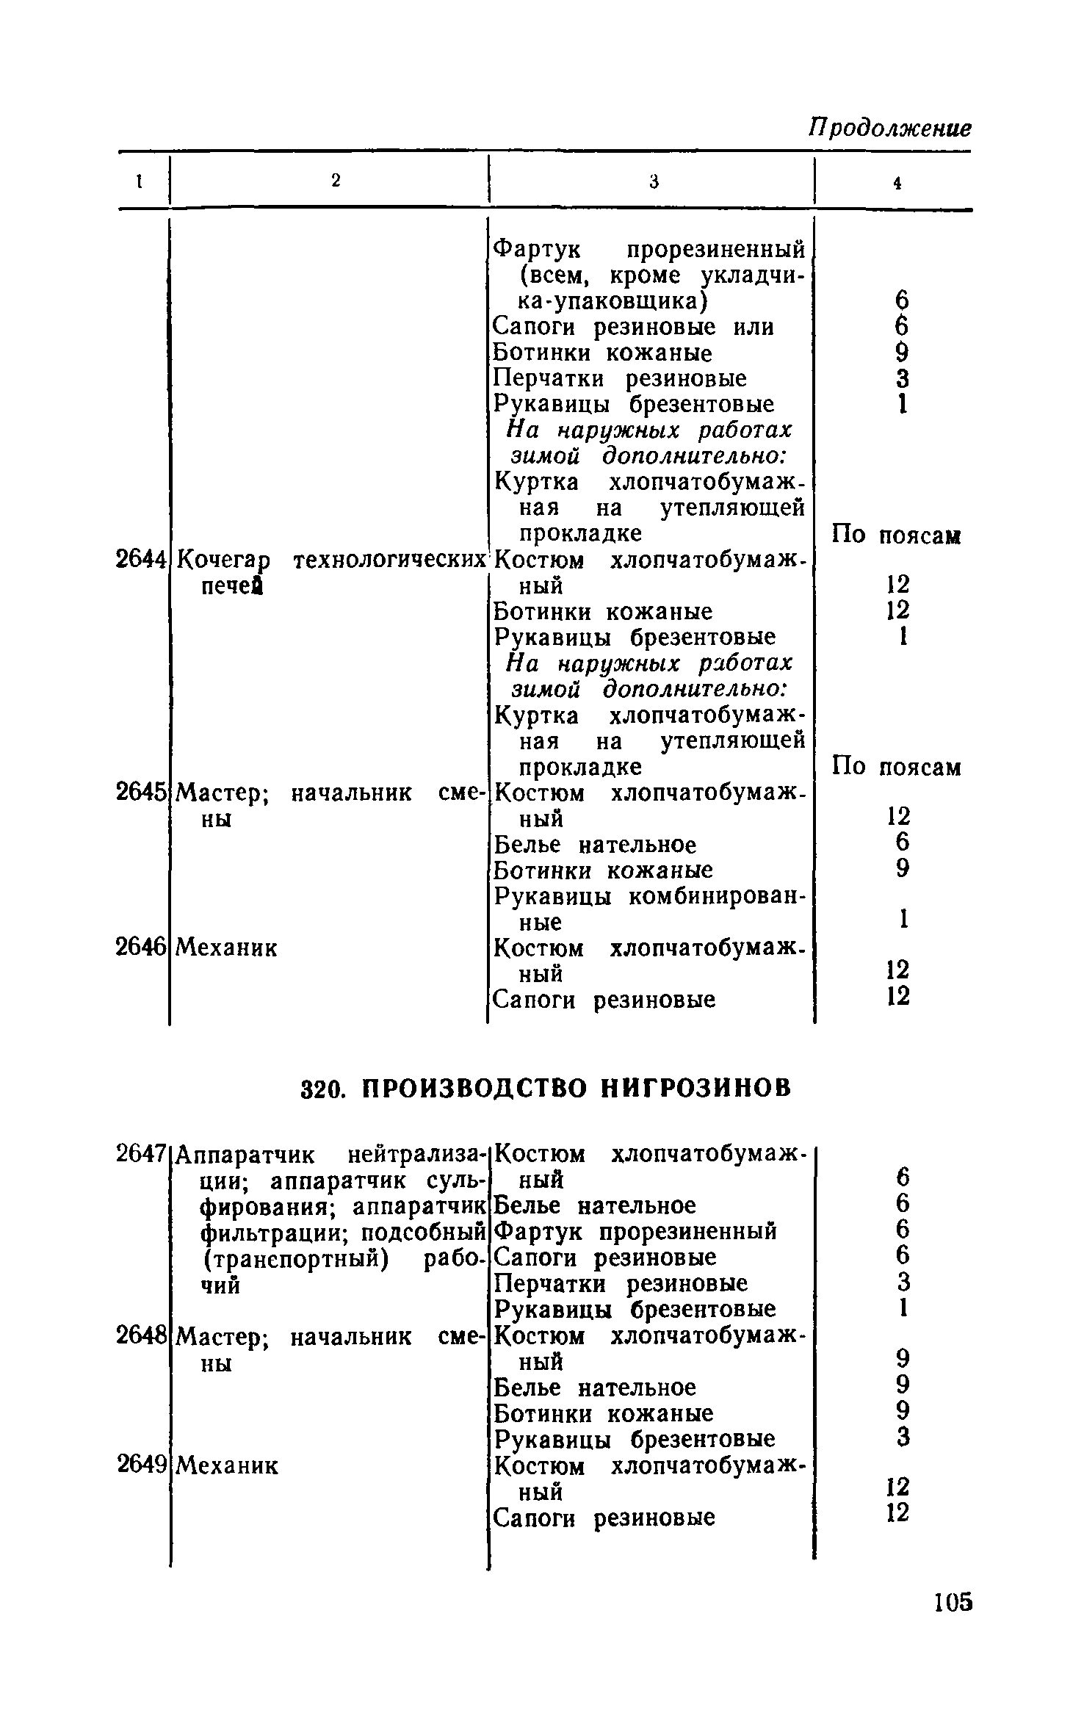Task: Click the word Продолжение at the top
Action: [889, 129]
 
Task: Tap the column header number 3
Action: [654, 181]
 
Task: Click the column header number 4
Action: [897, 184]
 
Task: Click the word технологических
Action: [389, 562]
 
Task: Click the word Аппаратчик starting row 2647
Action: [247, 1155]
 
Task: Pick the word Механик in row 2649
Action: [228, 1466]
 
